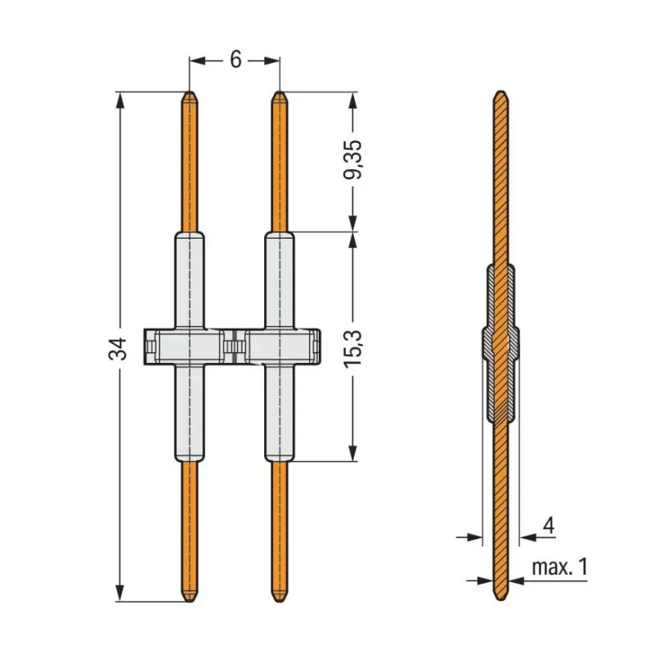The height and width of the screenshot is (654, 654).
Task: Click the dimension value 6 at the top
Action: point(235,60)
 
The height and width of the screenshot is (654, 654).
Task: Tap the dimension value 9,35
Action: point(353,159)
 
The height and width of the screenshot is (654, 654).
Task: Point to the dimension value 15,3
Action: point(353,349)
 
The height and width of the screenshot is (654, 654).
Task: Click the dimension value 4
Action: point(549,526)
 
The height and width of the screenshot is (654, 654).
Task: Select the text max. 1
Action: point(560,567)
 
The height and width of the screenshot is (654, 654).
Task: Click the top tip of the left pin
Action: point(190,92)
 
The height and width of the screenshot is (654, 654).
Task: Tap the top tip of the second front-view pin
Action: point(280,92)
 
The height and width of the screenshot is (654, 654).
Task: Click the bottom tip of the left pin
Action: point(190,602)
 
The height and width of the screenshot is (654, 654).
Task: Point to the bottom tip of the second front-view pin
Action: point(280,602)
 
